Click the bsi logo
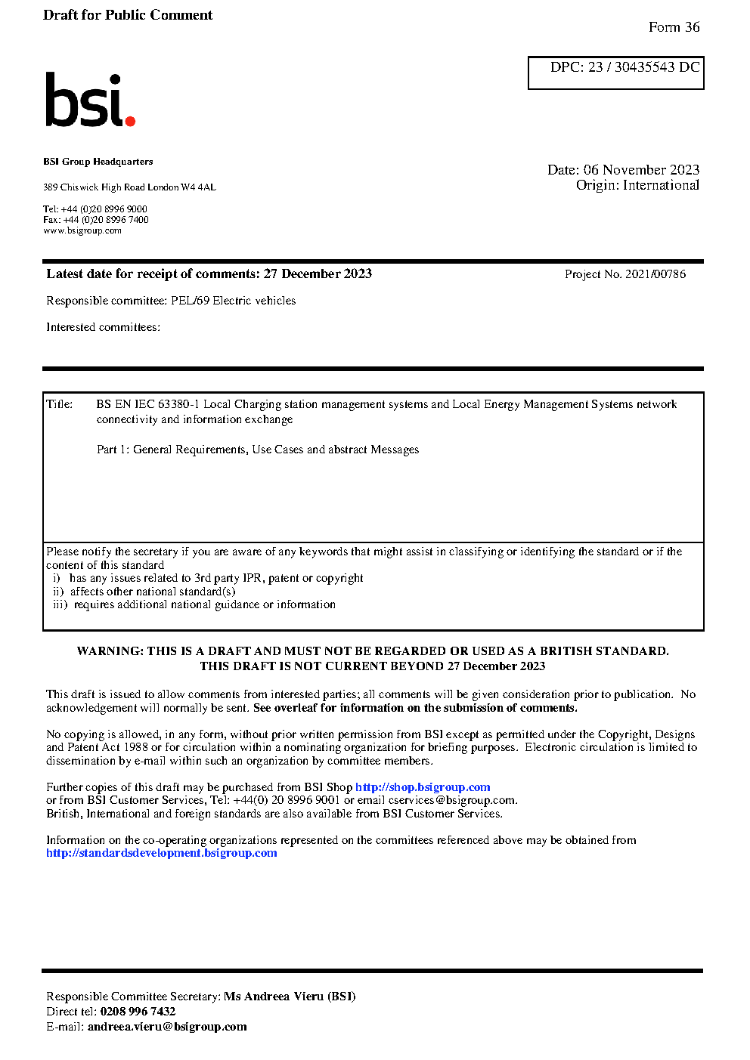click(89, 100)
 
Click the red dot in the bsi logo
click(130, 120)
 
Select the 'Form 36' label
click(674, 27)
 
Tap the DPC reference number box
click(615, 73)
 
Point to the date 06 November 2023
click(641, 170)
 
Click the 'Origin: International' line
click(637, 185)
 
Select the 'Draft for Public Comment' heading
click(128, 15)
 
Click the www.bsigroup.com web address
click(82, 230)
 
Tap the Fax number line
click(96, 220)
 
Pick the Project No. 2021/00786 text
click(625, 274)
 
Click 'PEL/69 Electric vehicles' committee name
click(233, 301)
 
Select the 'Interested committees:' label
click(103, 327)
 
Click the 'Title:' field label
click(60, 404)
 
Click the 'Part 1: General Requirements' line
click(258, 450)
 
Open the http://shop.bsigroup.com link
click(423, 787)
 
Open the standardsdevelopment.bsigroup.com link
click(162, 853)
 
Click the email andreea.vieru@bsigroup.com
click(167, 1027)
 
